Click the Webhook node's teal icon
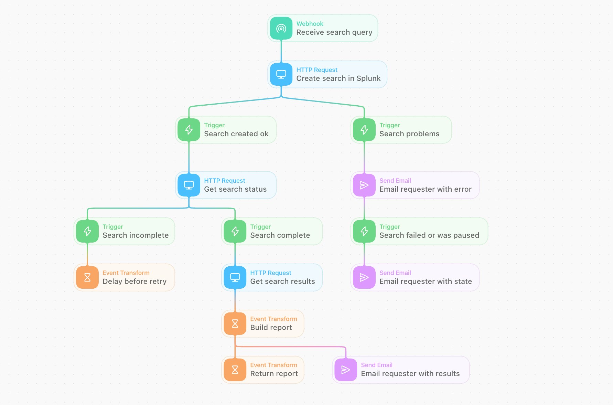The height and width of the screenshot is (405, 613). pos(281,28)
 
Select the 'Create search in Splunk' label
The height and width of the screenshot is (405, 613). pos(338,78)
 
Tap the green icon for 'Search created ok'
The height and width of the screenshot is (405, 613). pos(189,130)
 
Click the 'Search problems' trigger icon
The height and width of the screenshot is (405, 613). pos(364,130)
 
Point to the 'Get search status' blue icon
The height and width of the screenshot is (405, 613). pos(189,185)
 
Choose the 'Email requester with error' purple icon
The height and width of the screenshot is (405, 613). pos(364,185)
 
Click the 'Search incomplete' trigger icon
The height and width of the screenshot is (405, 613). pos(87,231)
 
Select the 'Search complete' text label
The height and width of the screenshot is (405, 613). pos(280,235)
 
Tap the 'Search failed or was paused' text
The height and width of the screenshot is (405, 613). pos(429,235)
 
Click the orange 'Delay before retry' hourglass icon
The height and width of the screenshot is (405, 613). pos(87,277)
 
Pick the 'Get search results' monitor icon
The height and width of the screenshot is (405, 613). pos(235,277)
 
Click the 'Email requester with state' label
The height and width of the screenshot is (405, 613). pos(426,281)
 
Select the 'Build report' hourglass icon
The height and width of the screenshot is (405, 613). pos(235,323)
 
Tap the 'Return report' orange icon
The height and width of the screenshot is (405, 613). pos(235,370)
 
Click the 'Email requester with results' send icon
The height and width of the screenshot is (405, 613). pos(346,370)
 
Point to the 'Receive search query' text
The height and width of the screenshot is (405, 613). pos(334,32)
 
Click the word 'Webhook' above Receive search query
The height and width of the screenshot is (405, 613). pos(310,24)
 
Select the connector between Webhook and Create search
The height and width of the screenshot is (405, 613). pos(281,51)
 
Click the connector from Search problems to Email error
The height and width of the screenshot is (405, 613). pos(364,157)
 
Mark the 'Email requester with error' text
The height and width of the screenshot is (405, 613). pos(426,189)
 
